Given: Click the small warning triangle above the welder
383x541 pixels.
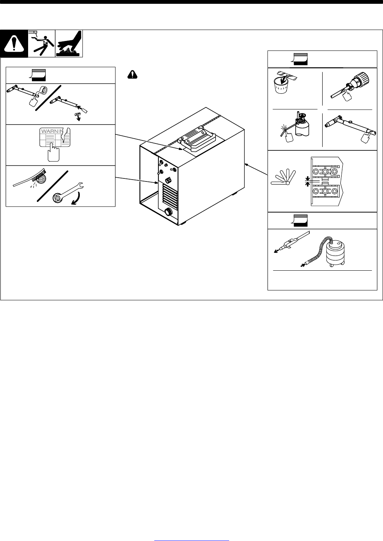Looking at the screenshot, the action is pyautogui.click(x=131, y=75).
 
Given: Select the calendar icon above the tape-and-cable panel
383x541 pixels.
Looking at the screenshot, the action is pyautogui.click(x=38, y=75).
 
